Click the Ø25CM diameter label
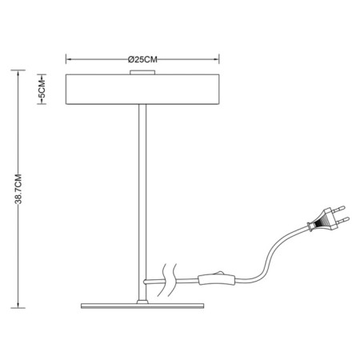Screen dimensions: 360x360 [142, 59]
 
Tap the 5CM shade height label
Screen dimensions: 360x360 [42, 89]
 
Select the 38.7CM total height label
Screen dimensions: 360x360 [18, 189]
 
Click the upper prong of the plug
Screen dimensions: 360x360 [339, 209]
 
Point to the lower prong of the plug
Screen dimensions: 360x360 [343, 220]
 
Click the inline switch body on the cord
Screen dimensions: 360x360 [217, 280]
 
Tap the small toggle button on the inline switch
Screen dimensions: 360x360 [220, 273]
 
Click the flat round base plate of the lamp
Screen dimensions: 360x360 [142, 306]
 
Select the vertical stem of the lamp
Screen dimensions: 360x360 [142, 202]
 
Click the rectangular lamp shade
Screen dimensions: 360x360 [142, 89]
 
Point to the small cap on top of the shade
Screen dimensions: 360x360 [142, 72]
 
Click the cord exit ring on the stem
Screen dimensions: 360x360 [146, 282]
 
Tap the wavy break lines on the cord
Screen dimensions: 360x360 [167, 281]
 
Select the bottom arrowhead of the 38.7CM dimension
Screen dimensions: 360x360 [18, 305]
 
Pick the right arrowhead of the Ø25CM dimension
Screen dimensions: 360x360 [216, 59]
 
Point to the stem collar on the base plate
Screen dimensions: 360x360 [142, 302]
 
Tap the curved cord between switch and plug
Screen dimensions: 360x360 [270, 254]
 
